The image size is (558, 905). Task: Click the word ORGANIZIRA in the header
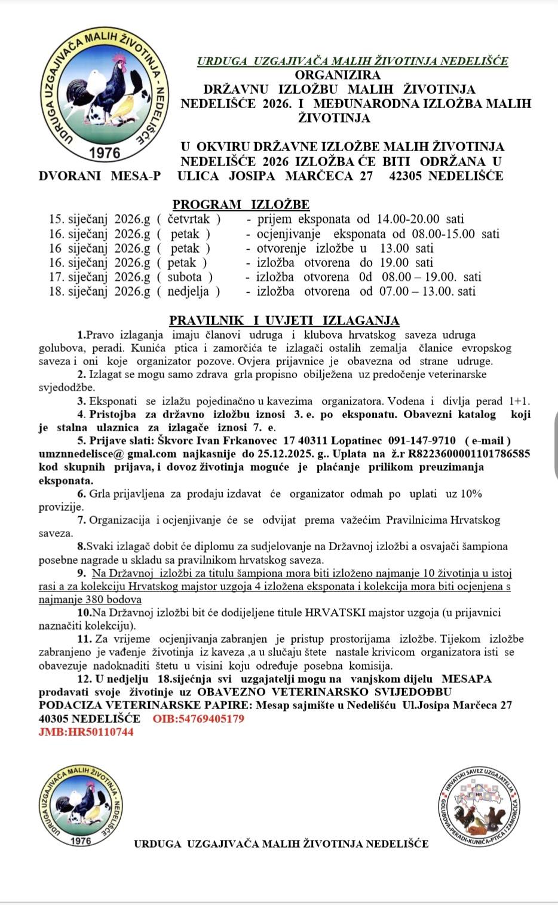click(x=338, y=75)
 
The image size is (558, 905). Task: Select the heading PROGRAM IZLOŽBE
click(x=241, y=205)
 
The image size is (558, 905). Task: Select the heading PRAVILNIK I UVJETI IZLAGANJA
click(x=284, y=321)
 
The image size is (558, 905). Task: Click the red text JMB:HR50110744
click(x=86, y=732)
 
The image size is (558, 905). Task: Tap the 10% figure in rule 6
click(x=471, y=494)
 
